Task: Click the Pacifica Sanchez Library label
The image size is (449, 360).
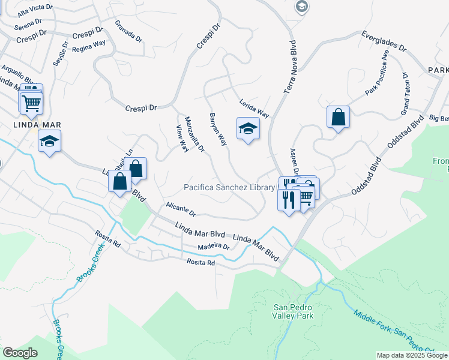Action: tap(229, 188)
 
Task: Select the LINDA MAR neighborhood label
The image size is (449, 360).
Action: tap(30, 125)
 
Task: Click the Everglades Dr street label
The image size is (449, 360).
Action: tap(384, 41)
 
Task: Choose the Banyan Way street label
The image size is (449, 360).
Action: tap(218, 130)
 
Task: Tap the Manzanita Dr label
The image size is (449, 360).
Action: tap(195, 133)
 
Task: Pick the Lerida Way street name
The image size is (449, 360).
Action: tap(254, 109)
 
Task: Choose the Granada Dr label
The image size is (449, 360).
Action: tap(129, 30)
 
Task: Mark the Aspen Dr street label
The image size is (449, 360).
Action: tap(294, 161)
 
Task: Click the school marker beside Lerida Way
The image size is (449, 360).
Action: tap(247, 129)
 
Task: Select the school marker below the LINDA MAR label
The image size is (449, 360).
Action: tap(49, 142)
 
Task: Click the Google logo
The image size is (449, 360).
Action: tap(20, 353)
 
